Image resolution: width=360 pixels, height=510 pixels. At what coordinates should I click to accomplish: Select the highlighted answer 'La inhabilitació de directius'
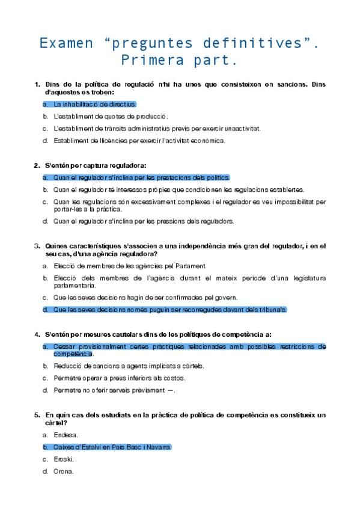point(95,104)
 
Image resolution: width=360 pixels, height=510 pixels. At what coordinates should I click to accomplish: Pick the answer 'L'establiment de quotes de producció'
point(111,116)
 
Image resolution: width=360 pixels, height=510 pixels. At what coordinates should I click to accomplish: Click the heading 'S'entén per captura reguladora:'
point(96,165)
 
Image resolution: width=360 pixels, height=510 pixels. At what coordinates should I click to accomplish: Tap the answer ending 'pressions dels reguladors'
point(144,221)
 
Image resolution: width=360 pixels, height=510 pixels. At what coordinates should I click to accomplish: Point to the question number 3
point(37,245)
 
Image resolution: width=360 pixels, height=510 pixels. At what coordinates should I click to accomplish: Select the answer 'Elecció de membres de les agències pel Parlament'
point(122,265)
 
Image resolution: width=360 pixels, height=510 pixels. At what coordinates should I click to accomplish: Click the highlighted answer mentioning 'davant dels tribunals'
point(170,310)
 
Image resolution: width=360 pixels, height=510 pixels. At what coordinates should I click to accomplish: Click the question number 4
point(37,334)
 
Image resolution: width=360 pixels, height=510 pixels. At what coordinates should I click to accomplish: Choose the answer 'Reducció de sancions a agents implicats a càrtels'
point(129,366)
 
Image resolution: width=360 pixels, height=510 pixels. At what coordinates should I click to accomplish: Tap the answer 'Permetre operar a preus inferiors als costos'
point(119,378)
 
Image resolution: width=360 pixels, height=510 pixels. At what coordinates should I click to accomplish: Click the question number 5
point(37,415)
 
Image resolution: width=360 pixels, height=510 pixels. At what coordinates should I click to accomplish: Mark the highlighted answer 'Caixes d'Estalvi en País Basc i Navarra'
point(112,447)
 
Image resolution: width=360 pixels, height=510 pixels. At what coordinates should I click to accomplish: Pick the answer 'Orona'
point(63,472)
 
